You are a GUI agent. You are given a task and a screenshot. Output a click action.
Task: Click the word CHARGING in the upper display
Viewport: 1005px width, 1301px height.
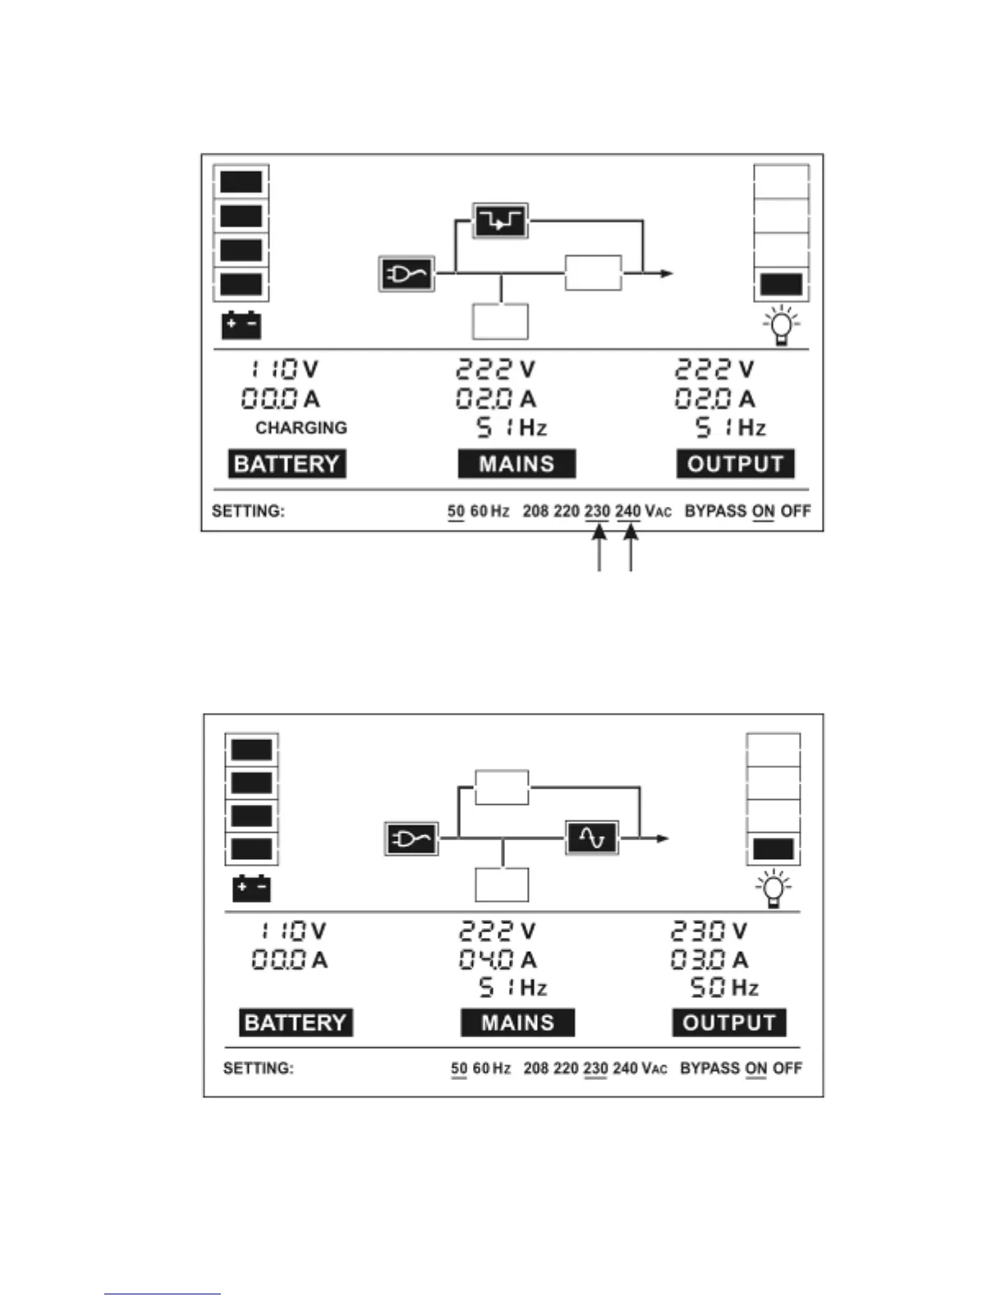(x=301, y=428)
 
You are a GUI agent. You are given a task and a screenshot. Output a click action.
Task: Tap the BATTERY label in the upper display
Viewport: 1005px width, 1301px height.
(x=287, y=464)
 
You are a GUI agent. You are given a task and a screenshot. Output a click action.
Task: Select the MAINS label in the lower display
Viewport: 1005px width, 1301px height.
(x=517, y=1023)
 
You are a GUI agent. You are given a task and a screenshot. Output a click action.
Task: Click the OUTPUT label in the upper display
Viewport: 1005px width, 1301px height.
(x=735, y=464)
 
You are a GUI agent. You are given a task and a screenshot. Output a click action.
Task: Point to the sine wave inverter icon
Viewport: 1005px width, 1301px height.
(x=592, y=838)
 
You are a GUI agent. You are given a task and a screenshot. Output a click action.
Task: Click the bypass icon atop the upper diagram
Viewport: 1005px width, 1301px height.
(x=500, y=221)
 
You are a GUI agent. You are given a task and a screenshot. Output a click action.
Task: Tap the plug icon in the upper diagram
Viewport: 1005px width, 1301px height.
(x=406, y=274)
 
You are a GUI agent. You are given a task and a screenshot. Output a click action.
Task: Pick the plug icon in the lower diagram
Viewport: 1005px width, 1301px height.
(x=411, y=839)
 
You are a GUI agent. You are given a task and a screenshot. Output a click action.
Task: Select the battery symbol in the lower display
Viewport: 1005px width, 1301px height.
(x=251, y=889)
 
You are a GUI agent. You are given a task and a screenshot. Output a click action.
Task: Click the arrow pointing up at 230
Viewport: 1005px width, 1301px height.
(x=599, y=548)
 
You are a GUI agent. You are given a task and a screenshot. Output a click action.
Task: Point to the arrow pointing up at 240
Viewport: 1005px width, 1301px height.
(x=630, y=548)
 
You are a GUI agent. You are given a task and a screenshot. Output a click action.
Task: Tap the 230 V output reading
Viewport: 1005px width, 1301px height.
(x=698, y=931)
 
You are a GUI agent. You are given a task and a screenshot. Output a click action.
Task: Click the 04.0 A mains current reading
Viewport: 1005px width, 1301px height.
(x=486, y=959)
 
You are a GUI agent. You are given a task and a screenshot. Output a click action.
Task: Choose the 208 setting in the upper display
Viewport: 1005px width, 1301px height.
(x=535, y=511)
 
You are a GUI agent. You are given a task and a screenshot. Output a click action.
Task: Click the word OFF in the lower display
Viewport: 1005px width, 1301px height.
(x=787, y=1069)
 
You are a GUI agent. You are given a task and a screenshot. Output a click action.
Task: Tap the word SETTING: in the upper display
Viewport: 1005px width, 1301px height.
(x=248, y=511)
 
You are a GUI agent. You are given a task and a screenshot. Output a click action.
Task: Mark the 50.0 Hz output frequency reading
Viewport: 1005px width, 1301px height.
(x=708, y=987)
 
